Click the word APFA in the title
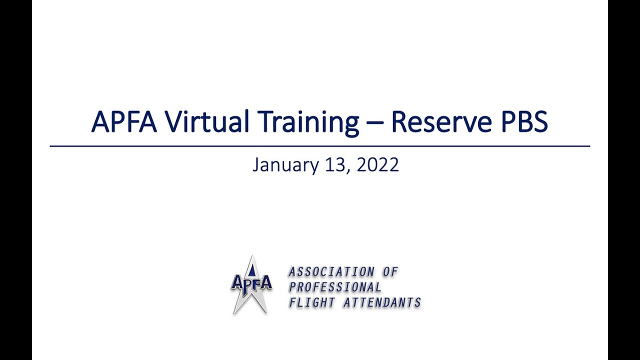click(x=123, y=122)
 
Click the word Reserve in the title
click(x=440, y=122)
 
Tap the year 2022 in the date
click(x=378, y=164)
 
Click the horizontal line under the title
click(x=320, y=146)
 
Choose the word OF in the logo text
click(x=390, y=272)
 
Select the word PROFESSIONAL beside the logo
click(x=335, y=287)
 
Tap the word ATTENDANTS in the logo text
click(x=382, y=302)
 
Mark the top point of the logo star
click(x=252, y=257)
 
